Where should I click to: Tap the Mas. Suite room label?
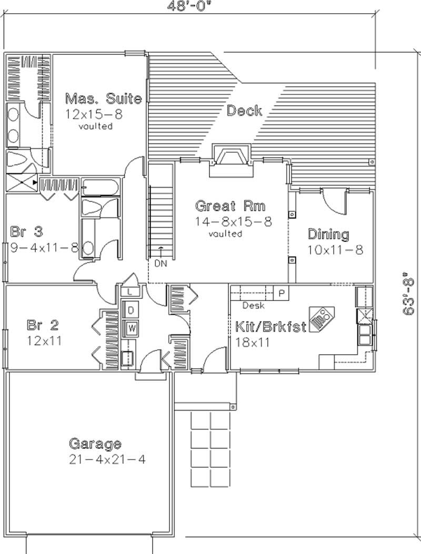click(103, 98)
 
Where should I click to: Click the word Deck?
click(244, 111)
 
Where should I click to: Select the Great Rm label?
click(230, 206)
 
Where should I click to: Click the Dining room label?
click(328, 234)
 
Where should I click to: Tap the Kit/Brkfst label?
click(268, 327)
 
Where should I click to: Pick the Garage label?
click(95, 444)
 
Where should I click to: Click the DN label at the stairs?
click(161, 264)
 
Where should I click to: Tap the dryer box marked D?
click(130, 309)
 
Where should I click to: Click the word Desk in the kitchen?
click(253, 306)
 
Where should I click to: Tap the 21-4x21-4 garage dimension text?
click(106, 459)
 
